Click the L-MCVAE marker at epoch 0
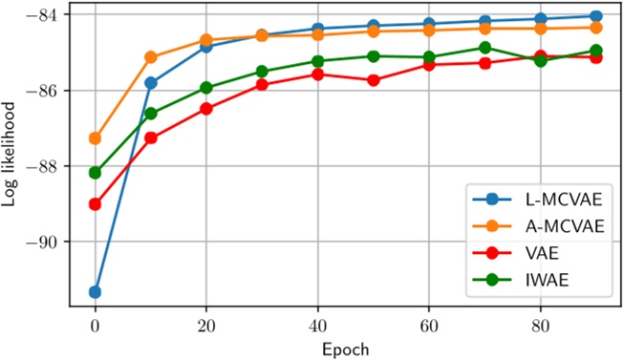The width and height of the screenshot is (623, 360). tap(95, 291)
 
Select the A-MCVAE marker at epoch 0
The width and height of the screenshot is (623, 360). tap(95, 138)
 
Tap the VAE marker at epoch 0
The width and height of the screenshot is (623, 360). tap(95, 204)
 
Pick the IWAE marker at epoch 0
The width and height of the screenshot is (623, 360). tap(95, 173)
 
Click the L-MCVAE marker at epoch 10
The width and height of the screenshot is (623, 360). tap(150, 83)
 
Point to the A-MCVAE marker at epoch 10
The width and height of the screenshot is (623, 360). tap(150, 57)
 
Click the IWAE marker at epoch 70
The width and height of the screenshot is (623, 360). tap(484, 48)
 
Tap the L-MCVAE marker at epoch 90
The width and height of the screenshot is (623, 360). tap(596, 16)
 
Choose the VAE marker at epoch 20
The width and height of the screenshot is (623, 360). tap(206, 108)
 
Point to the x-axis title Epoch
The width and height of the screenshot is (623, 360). tap(346, 349)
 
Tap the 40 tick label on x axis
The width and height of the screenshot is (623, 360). tap(317, 324)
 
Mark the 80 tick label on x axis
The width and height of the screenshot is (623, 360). tap(540, 324)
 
